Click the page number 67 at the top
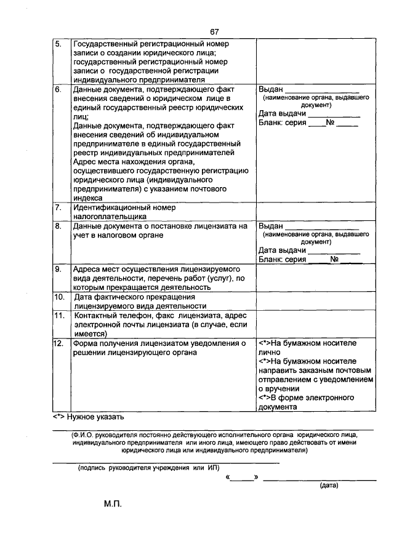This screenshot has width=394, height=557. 214,32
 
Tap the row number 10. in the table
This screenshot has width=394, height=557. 60,297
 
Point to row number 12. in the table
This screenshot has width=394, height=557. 60,343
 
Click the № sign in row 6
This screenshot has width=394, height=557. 330,122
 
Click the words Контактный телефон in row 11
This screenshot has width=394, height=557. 109,315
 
